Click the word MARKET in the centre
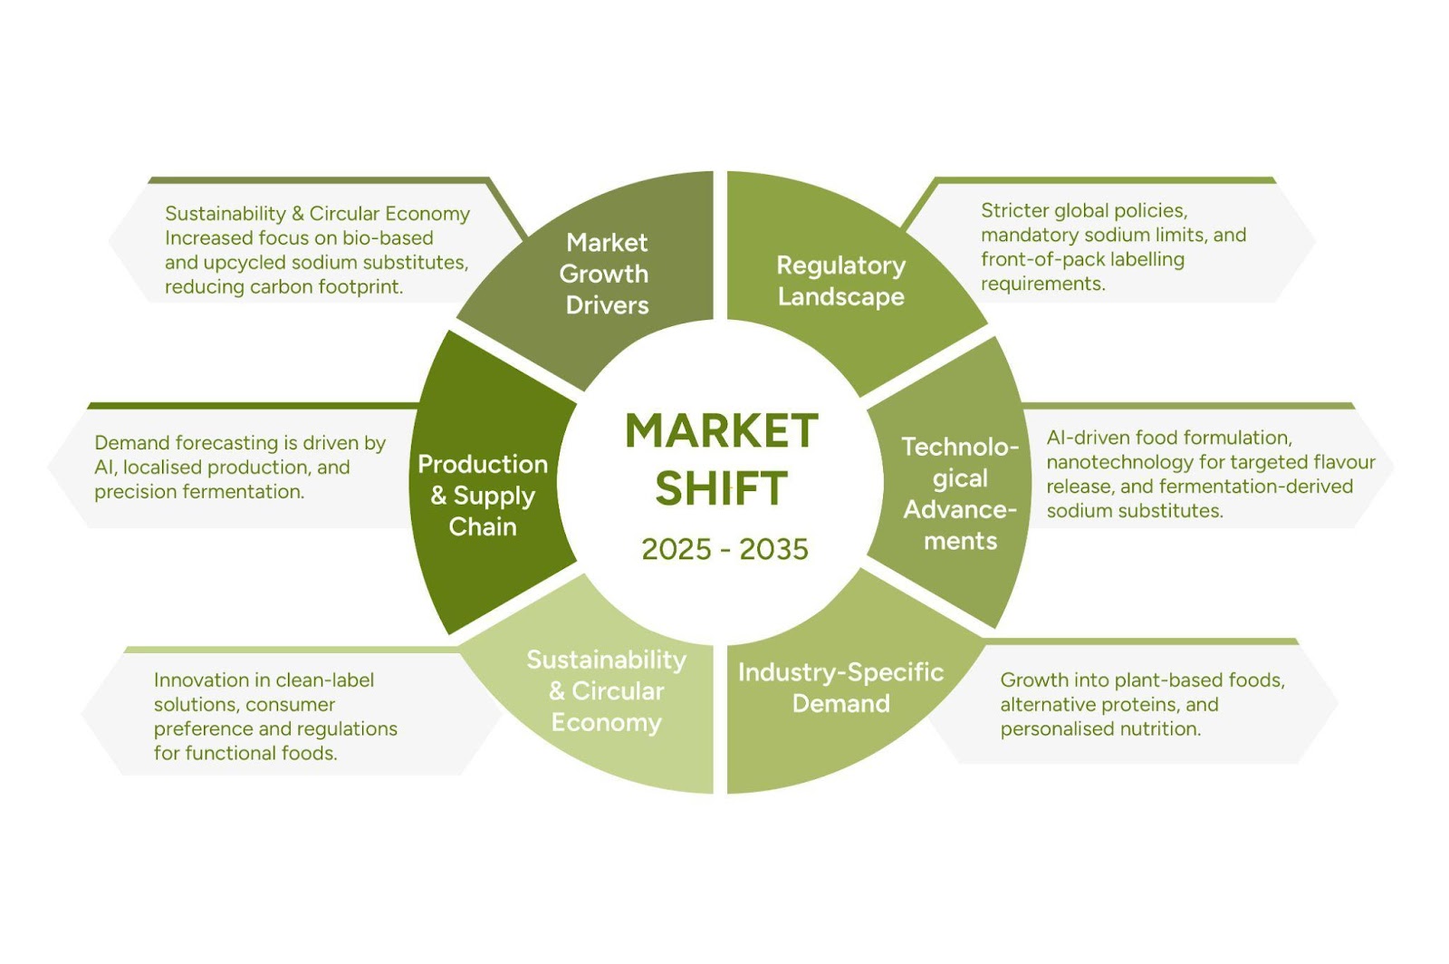pyautogui.click(x=722, y=431)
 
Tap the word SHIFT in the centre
pyautogui.click(x=722, y=489)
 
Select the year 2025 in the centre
pyautogui.click(x=676, y=549)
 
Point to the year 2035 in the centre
pyautogui.click(x=773, y=549)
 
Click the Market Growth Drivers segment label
pyautogui.click(x=606, y=274)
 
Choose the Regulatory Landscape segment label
pyautogui.click(x=840, y=281)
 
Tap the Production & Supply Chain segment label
pyautogui.click(x=483, y=496)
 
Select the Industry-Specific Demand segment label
pyautogui.click(x=840, y=688)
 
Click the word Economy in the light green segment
pyautogui.click(x=606, y=722)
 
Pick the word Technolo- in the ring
pyautogui.click(x=960, y=447)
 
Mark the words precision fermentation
pyautogui.click(x=199, y=492)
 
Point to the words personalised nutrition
pyautogui.click(x=1100, y=729)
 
